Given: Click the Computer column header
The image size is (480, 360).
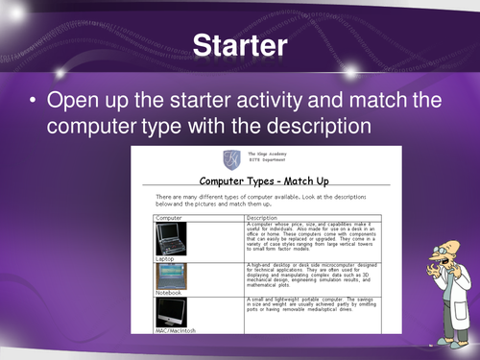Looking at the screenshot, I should click(x=170, y=217).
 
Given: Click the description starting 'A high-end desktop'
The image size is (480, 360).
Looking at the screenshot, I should click(x=307, y=276).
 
